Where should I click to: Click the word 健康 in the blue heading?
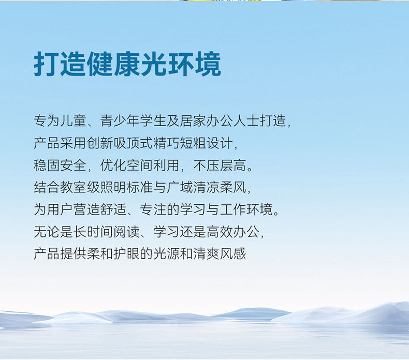click(x=114, y=64)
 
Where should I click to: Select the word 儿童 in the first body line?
click(x=74, y=121)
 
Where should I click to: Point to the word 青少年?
click(x=120, y=121)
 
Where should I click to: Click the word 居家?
click(x=193, y=121)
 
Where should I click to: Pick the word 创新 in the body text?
click(x=100, y=143)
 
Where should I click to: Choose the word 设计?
click(x=220, y=143)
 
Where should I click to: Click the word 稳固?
click(x=47, y=165)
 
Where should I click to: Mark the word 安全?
click(x=74, y=165)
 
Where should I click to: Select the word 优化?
click(x=113, y=165)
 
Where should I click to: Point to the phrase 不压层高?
click(x=220, y=165)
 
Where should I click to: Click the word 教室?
click(x=74, y=187)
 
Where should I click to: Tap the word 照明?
click(x=113, y=187)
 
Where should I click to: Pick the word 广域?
click(x=180, y=187)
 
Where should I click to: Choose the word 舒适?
click(x=113, y=209)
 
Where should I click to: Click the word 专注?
click(x=153, y=209)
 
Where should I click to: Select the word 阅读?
click(x=127, y=232)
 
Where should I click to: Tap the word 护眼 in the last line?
click(x=127, y=253)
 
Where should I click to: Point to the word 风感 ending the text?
click(x=233, y=253)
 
